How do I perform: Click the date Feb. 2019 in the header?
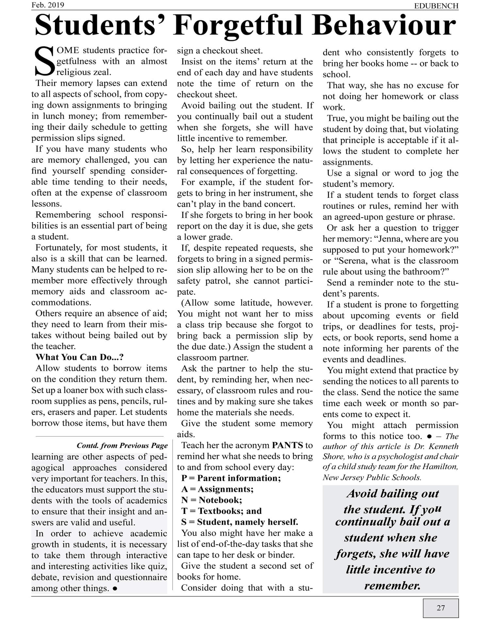(x=48, y=5)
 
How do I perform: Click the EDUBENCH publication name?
(x=436, y=6)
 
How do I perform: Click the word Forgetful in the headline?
(x=238, y=25)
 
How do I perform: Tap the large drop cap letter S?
(x=43, y=61)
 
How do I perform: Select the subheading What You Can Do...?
(x=79, y=357)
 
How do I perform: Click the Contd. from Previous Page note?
(x=122, y=445)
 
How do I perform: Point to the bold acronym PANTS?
(x=287, y=445)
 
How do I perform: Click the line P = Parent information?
(x=231, y=478)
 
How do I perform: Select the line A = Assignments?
(x=217, y=489)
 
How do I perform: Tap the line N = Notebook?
(x=212, y=500)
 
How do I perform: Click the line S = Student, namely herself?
(x=239, y=522)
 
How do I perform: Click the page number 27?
(x=441, y=608)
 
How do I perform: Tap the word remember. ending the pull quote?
(x=392, y=585)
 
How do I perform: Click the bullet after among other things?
(x=115, y=589)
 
